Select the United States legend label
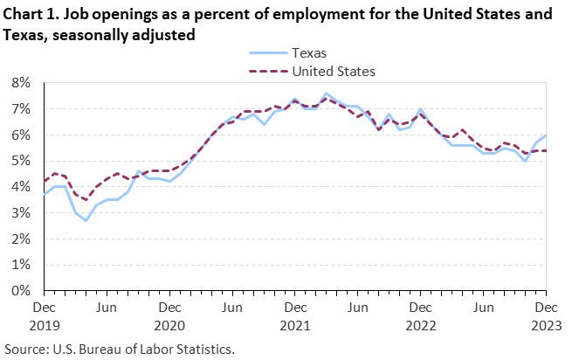(334, 71)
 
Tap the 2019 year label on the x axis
(44, 325)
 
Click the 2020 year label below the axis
(169, 325)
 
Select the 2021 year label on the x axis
(295, 325)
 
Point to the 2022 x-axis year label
(421, 325)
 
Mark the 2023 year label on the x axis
(546, 325)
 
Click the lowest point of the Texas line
(86, 220)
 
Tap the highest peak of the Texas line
(326, 93)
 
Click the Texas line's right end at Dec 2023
(546, 135)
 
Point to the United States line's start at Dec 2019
(44, 182)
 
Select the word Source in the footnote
(26, 349)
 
